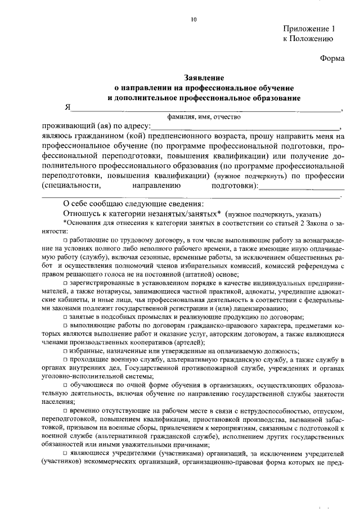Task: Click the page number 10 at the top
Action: pyautogui.click(x=193, y=20)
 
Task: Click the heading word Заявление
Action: pyautogui.click(x=204, y=78)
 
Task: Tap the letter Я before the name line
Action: pyautogui.click(x=67, y=108)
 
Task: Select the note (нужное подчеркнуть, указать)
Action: pyautogui.click(x=273, y=214)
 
